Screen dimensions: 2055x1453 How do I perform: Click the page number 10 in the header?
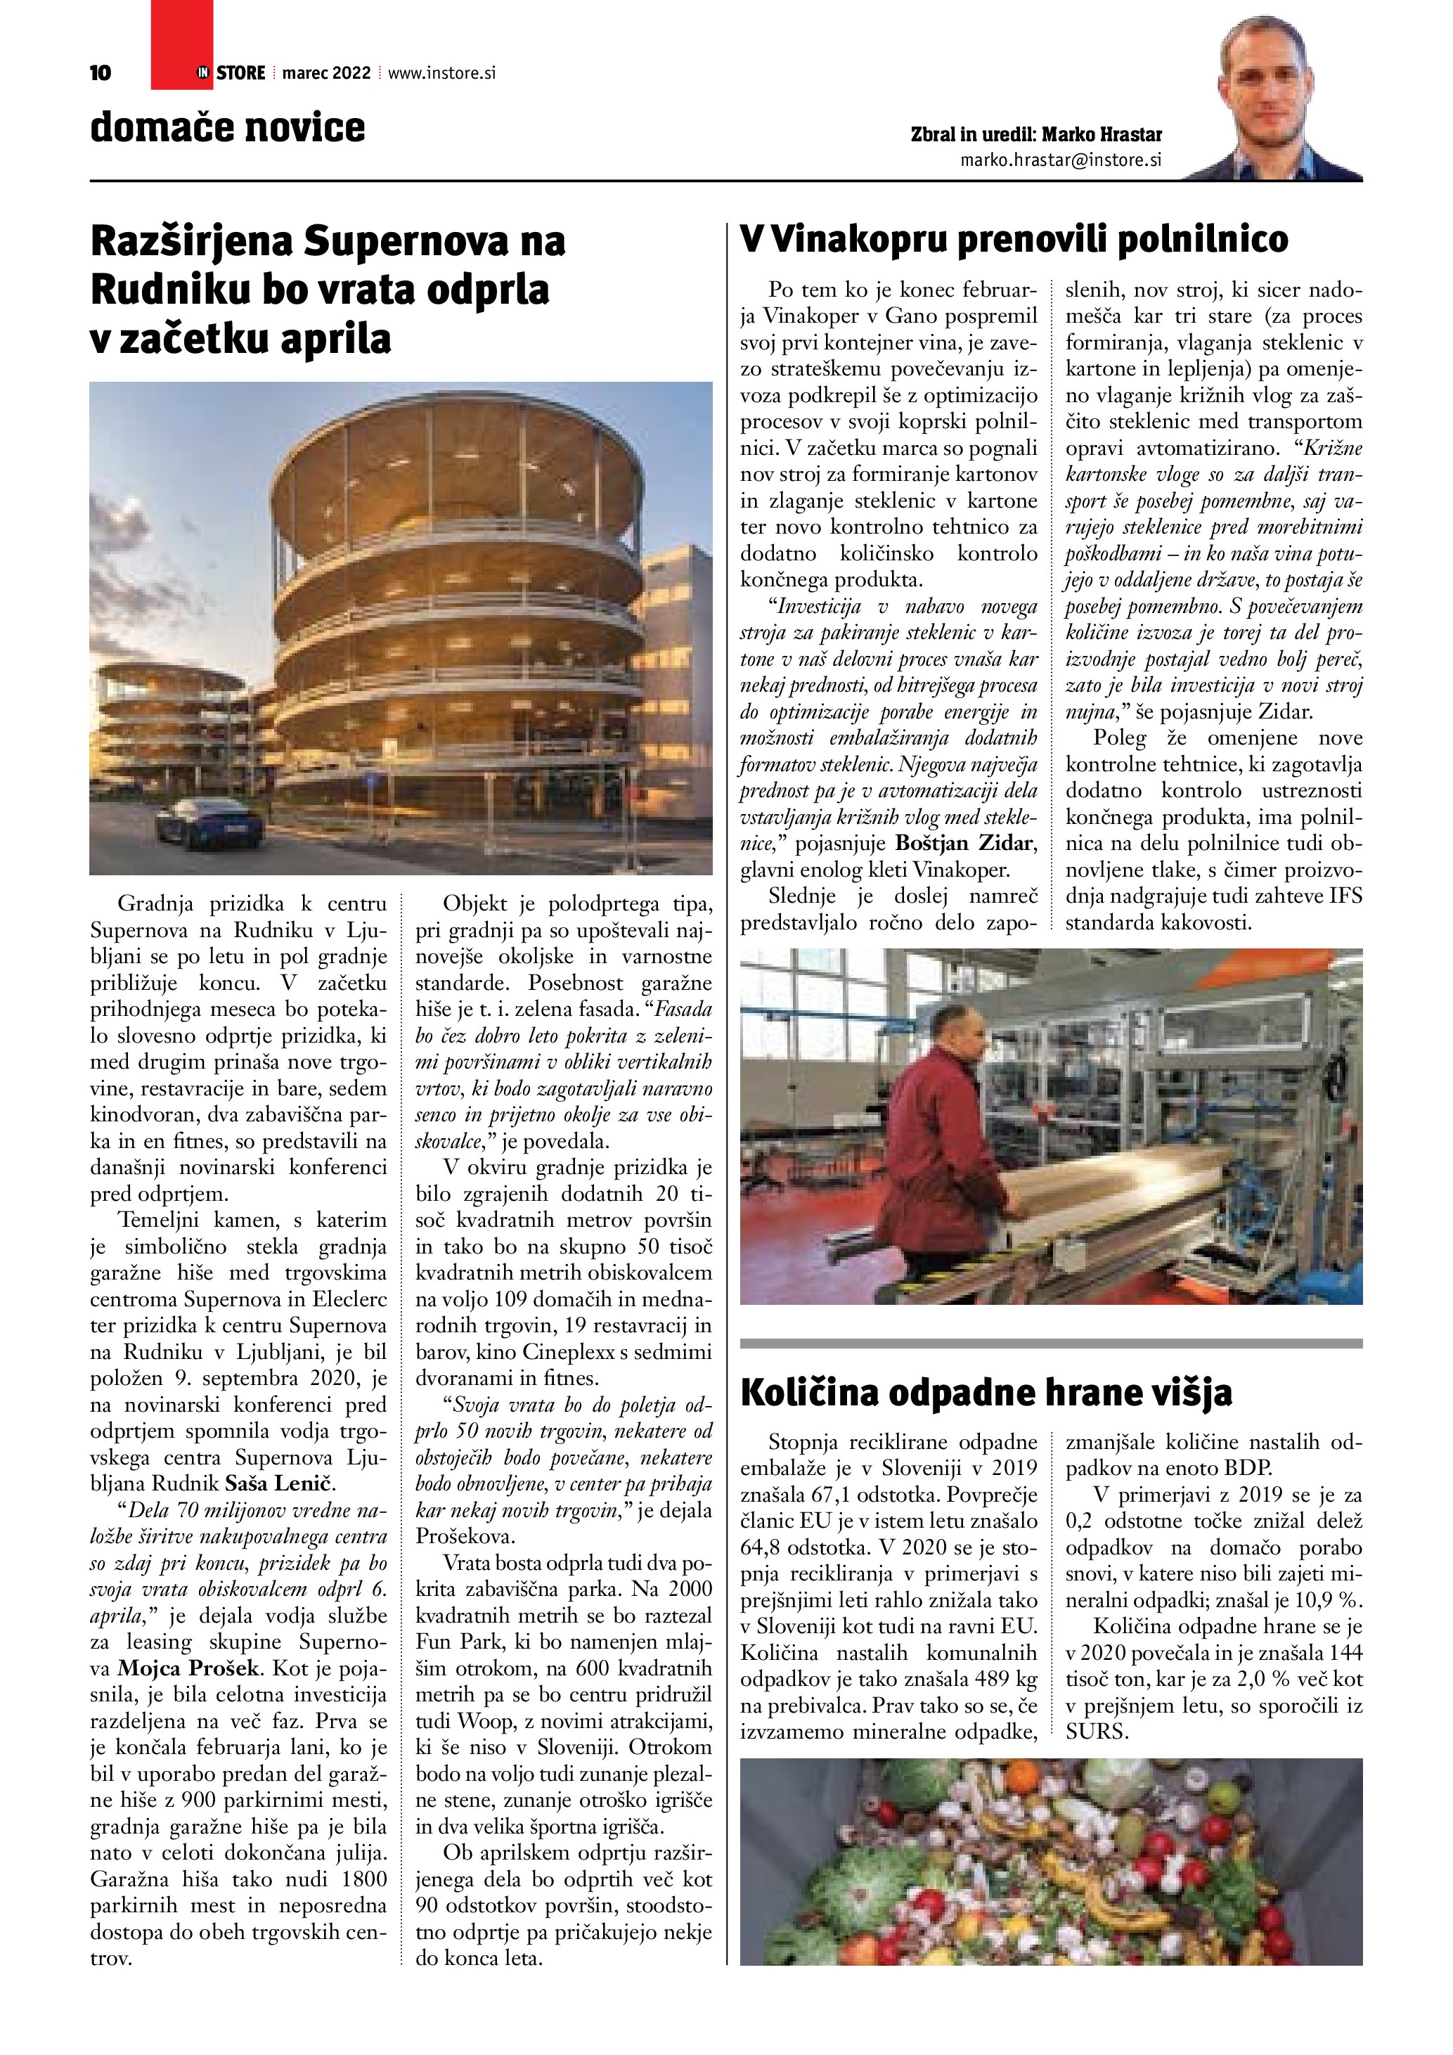click(101, 73)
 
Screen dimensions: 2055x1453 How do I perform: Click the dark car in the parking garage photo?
click(209, 825)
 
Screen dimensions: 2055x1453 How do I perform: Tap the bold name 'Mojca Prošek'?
click(190, 1668)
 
